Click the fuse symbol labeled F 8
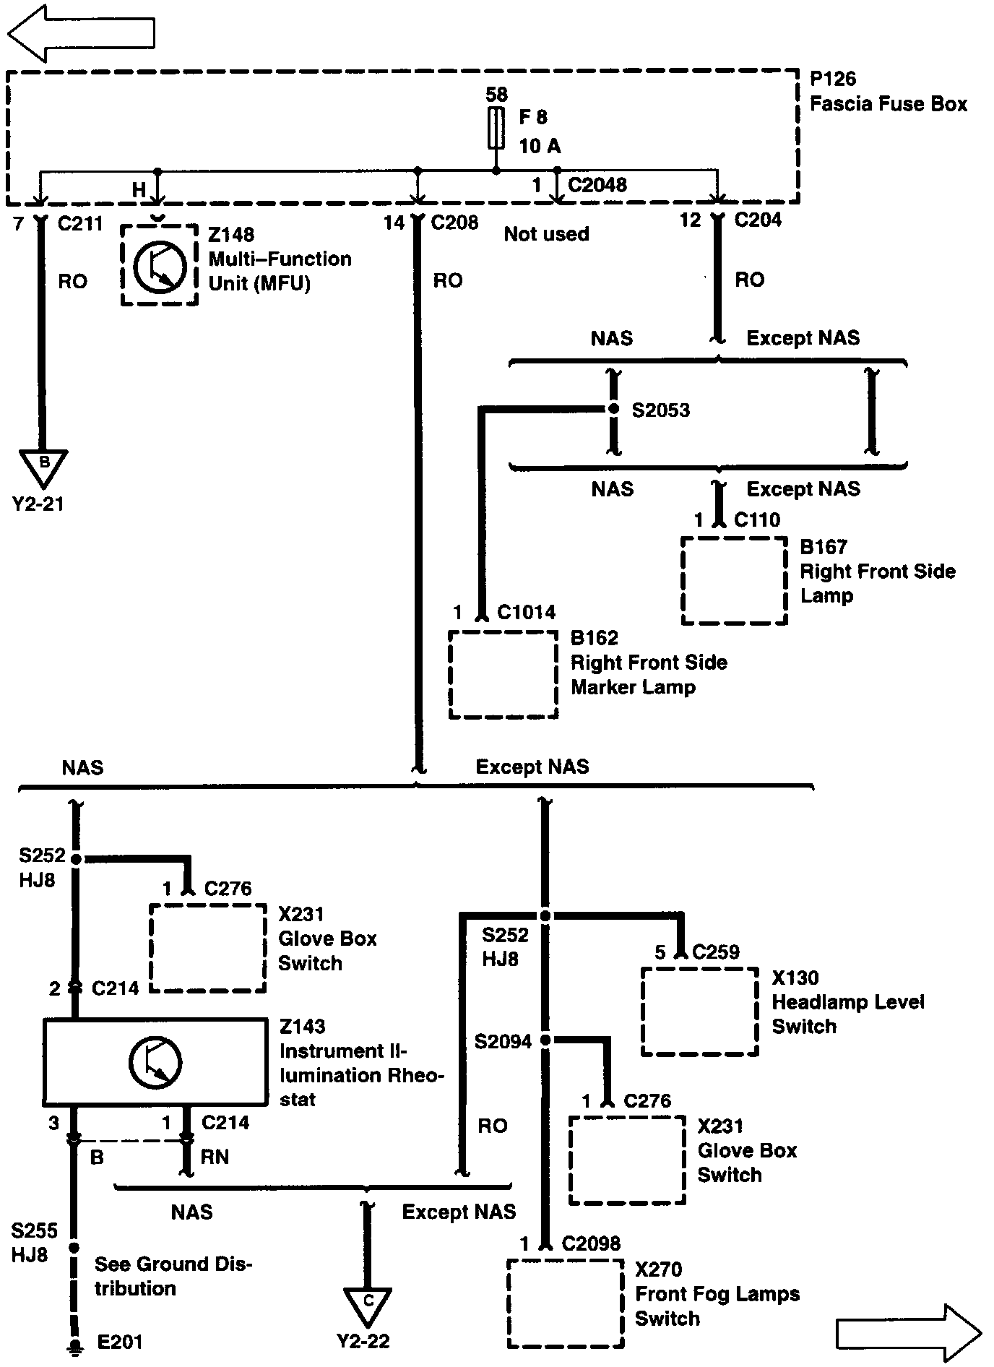[496, 128]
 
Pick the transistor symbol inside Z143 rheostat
[155, 1062]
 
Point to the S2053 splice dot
[613, 410]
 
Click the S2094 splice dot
[545, 1040]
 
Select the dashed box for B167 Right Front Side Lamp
[734, 580]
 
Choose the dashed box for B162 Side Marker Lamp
[503, 675]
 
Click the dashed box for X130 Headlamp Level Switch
[699, 1012]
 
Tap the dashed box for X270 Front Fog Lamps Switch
[565, 1303]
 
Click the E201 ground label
[120, 1342]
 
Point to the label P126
[833, 79]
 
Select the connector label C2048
[597, 185]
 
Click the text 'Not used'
[546, 234]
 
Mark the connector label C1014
[527, 613]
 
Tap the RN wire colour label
[215, 1157]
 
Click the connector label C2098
[590, 1243]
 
